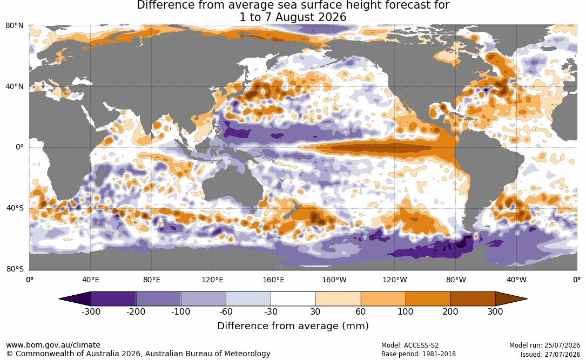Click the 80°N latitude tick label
15,26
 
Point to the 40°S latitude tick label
15,208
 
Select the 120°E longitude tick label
213,280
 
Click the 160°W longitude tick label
334,280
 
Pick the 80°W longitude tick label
456,280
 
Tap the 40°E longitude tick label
91,280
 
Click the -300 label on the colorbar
91,311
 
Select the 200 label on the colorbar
450,311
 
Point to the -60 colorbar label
226,311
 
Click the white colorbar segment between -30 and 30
293,299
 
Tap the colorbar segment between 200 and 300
473,299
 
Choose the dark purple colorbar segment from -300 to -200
113,299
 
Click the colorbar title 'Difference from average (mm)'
293,326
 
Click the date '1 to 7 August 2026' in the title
293,17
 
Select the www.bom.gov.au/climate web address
53,345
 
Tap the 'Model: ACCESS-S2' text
410,345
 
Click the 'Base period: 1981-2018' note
419,354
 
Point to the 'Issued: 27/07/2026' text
550,354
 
